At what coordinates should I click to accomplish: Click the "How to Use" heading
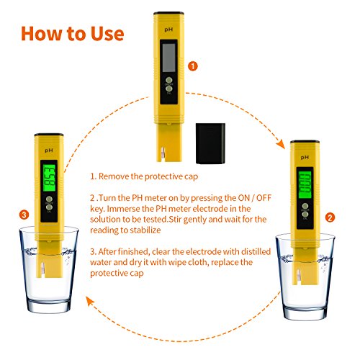(73, 33)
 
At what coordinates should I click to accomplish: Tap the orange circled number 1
(193, 66)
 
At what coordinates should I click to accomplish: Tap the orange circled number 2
(330, 217)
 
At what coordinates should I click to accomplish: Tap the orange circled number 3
(24, 215)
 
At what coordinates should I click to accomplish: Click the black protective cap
(210, 143)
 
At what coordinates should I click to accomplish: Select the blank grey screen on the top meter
(169, 58)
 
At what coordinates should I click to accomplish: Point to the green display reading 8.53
(49, 178)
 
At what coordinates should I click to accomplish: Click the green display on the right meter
(305, 185)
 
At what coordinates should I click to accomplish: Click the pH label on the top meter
(168, 30)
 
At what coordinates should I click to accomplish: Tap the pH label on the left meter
(49, 150)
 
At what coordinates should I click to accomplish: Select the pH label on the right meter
(305, 158)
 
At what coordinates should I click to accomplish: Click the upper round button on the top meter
(169, 80)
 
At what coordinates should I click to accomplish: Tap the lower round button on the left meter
(49, 207)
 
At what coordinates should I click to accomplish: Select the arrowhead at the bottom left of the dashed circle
(91, 301)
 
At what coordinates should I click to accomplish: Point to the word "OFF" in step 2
(264, 198)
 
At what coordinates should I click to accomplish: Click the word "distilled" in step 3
(256, 251)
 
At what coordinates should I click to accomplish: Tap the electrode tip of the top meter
(163, 154)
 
